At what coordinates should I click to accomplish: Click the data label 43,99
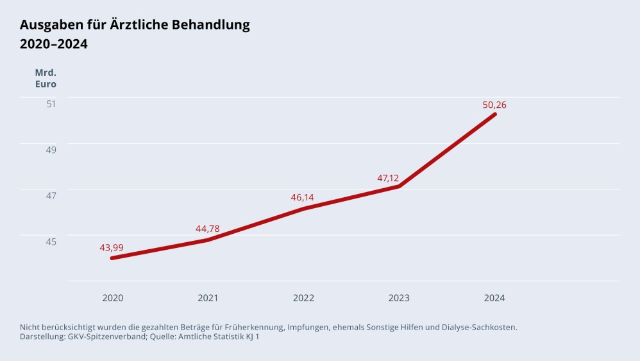point(112,247)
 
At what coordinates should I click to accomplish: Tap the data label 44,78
point(207,229)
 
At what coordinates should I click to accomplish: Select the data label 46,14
point(303,197)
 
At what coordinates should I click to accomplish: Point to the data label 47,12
point(388,178)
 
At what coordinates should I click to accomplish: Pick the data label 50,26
point(494,105)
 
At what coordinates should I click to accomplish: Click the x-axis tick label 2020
point(113,298)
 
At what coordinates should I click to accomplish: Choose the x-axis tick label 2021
point(208,298)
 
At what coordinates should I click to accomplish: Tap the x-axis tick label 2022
point(303,298)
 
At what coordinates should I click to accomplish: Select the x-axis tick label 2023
point(399,298)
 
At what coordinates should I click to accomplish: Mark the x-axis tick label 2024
point(494,298)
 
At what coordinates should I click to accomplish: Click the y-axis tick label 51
point(51,103)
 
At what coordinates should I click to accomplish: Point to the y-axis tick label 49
point(51,150)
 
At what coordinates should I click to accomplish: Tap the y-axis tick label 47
point(51,195)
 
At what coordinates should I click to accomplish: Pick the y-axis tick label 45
point(51,242)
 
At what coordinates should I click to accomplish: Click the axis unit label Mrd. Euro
point(46,78)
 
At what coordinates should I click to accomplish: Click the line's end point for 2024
point(494,114)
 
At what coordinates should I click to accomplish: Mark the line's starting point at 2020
point(112,258)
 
